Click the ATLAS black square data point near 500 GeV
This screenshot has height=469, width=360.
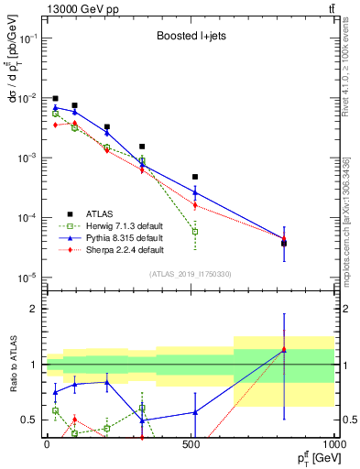click(x=195, y=177)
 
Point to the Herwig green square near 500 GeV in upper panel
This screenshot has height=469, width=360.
click(x=195, y=232)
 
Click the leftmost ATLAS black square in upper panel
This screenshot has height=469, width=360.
click(x=56, y=99)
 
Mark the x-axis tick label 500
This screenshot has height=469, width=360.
click(x=191, y=443)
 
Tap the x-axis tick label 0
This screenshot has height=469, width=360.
click(x=47, y=443)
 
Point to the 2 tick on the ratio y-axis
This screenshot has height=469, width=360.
click(x=35, y=310)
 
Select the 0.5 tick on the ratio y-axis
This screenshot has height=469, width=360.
click(x=30, y=420)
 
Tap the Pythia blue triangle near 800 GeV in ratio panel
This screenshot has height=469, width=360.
click(x=284, y=350)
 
